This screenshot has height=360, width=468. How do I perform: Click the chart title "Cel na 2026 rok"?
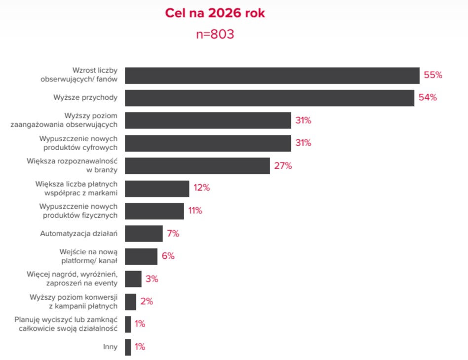pos(215,13)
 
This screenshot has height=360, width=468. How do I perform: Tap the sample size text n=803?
pos(215,34)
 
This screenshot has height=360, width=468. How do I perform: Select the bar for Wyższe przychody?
pos(270,98)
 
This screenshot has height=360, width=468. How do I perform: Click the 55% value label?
pos(433,75)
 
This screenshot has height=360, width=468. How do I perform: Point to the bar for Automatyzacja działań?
pos(144,234)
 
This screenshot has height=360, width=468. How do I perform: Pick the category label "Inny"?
pos(110,347)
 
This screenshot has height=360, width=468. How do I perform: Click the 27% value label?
pos(283,165)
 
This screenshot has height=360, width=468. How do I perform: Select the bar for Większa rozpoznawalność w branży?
pos(197,165)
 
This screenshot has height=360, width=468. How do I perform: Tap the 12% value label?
pos(201,188)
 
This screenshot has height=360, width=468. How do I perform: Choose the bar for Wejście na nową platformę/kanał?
pos(141,256)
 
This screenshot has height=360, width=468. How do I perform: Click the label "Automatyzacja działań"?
pos(79,234)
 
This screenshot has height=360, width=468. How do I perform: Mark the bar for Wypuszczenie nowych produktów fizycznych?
pos(155,211)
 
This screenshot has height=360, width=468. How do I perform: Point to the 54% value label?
pos(428,97)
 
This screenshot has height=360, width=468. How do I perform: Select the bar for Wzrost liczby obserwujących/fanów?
pos(272,76)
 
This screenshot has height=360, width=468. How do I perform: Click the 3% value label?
pos(152,279)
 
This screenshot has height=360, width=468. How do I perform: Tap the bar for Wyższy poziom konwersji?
pos(130,302)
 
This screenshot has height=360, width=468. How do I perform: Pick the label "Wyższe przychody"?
pos(85,98)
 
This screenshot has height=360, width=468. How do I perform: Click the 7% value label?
pos(173,234)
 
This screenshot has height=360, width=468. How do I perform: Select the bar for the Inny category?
pos(128,347)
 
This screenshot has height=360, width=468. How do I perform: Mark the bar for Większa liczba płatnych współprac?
pos(157,189)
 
